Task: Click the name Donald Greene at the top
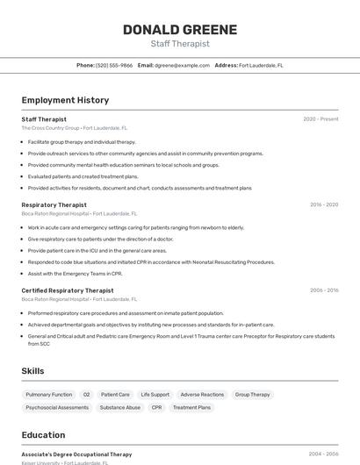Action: tap(179, 30)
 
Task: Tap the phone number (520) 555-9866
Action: tap(114, 66)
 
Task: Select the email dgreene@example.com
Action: tap(182, 66)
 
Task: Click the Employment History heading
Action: tap(65, 101)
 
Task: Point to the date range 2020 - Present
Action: tap(320, 119)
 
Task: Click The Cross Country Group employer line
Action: tap(75, 128)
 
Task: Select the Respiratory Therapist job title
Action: tap(54, 204)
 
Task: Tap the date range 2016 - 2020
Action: tap(323, 204)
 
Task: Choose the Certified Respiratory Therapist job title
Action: tap(68, 290)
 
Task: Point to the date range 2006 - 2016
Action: tap(323, 290)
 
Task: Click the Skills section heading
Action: tap(33, 371)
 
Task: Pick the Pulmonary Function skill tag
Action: tap(49, 395)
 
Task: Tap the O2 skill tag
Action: tap(87, 395)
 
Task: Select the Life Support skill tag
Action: tap(155, 395)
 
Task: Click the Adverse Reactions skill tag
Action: tap(202, 395)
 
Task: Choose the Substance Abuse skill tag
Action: tap(120, 408)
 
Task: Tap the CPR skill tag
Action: tap(156, 408)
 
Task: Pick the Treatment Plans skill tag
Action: tap(191, 408)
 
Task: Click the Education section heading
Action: tap(43, 435)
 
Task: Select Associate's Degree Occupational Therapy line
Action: tap(76, 454)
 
